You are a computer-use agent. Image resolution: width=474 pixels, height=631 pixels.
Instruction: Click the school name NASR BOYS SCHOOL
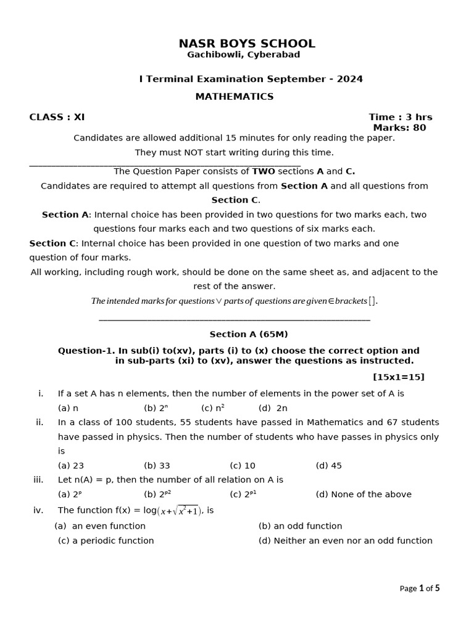click(247, 44)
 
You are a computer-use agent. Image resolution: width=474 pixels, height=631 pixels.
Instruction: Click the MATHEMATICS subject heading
click(235, 97)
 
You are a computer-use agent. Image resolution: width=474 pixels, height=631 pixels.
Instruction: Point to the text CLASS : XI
click(57, 117)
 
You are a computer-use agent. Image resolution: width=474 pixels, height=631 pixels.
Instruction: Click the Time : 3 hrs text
click(400, 117)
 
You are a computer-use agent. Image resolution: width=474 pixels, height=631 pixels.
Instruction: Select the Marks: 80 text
click(399, 128)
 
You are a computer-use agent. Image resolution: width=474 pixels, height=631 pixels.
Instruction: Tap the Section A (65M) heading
click(249, 335)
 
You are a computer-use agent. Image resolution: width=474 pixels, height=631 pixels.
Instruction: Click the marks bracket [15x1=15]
click(398, 377)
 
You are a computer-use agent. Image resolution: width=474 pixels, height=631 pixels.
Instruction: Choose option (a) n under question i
click(68, 408)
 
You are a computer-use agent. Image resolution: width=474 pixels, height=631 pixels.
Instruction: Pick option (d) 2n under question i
click(273, 408)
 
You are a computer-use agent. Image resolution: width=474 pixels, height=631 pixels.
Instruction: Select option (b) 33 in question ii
click(157, 466)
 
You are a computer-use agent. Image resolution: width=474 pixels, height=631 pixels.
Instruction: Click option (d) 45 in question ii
click(328, 466)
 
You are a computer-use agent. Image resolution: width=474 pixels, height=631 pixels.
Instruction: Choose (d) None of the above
click(363, 494)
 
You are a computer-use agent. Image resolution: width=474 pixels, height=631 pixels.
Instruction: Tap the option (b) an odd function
click(300, 526)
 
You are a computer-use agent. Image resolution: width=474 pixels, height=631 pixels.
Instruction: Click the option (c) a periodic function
click(106, 541)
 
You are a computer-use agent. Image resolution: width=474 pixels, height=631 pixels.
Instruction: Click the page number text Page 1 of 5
click(420, 588)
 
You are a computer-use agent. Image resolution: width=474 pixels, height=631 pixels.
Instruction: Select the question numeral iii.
click(38, 480)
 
